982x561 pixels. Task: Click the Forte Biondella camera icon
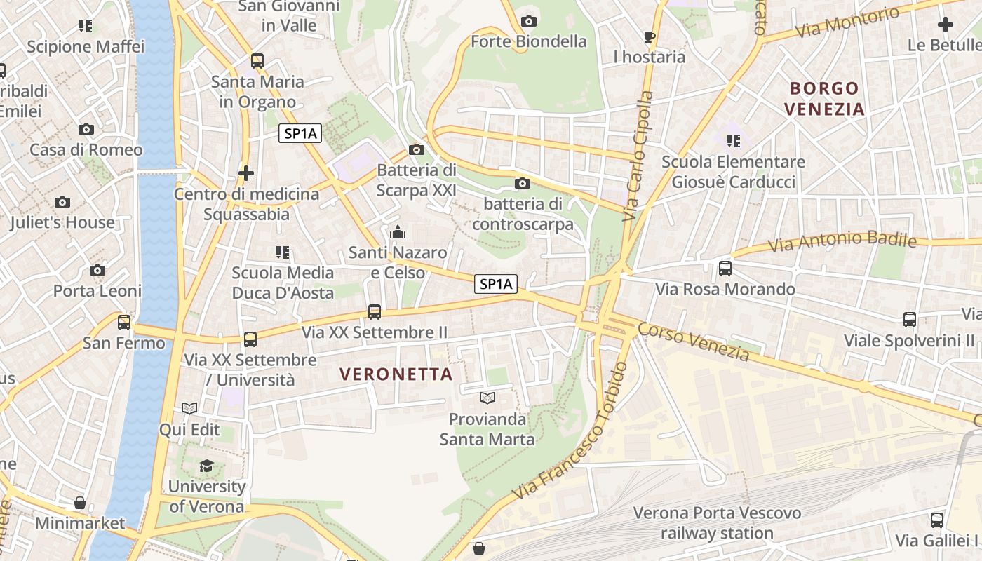(529, 22)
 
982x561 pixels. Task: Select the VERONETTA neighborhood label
(396, 374)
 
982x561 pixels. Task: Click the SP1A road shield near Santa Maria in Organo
(300, 133)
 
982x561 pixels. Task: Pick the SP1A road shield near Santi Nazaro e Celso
(496, 284)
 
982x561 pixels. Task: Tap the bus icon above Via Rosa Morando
(725, 268)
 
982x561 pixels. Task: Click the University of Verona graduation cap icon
(206, 466)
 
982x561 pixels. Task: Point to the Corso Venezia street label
(693, 342)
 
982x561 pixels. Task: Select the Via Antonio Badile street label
(842, 241)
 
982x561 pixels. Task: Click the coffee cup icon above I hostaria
(650, 36)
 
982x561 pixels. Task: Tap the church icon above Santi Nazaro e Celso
(398, 231)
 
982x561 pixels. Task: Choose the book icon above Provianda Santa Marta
(487, 398)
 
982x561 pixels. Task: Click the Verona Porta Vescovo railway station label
(717, 523)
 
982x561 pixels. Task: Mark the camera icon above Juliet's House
(62, 202)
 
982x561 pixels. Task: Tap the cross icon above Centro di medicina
(246, 173)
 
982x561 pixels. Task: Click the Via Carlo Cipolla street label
(638, 156)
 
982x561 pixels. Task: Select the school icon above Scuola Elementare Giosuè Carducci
(733, 141)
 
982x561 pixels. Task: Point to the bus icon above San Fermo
(124, 323)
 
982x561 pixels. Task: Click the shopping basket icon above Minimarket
(80, 503)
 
